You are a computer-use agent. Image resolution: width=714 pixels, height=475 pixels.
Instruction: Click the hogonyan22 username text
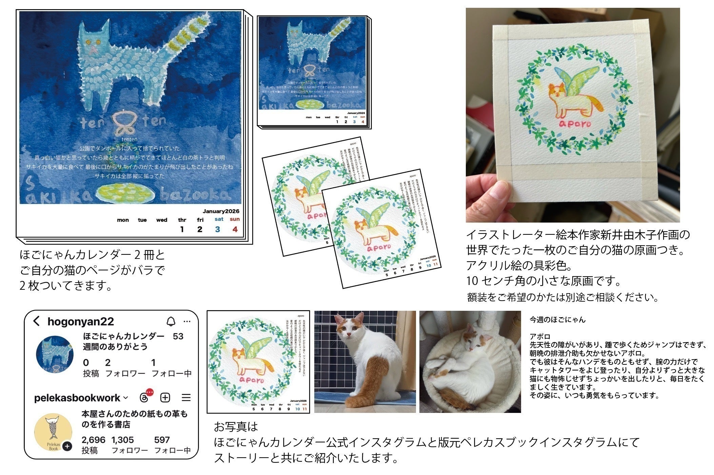tap(80, 322)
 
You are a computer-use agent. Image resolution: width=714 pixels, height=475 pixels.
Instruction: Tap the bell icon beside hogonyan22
tap(171, 321)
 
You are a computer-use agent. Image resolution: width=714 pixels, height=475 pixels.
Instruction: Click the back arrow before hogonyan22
tap(37, 321)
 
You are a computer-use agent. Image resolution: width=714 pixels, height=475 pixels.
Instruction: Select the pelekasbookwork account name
tap(77, 398)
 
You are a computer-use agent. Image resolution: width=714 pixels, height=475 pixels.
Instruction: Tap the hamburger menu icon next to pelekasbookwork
tap(186, 398)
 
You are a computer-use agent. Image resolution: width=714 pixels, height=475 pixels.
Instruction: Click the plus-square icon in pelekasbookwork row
tap(165, 398)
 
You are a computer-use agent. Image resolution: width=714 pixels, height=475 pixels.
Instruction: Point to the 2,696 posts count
tap(93, 440)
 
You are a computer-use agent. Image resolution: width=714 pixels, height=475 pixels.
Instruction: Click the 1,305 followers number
tap(122, 440)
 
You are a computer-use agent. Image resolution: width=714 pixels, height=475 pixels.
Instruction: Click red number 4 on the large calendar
tap(235, 229)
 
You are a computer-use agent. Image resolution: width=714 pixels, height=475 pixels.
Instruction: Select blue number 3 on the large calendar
tap(217, 229)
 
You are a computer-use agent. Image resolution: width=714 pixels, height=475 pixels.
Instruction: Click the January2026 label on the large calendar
tap(221, 211)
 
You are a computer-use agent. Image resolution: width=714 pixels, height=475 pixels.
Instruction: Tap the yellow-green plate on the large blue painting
tap(125, 193)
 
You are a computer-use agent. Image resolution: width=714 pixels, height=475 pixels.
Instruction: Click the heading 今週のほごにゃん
tap(557, 320)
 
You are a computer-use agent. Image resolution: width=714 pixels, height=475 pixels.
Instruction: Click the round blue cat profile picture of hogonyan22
tap(55, 355)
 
